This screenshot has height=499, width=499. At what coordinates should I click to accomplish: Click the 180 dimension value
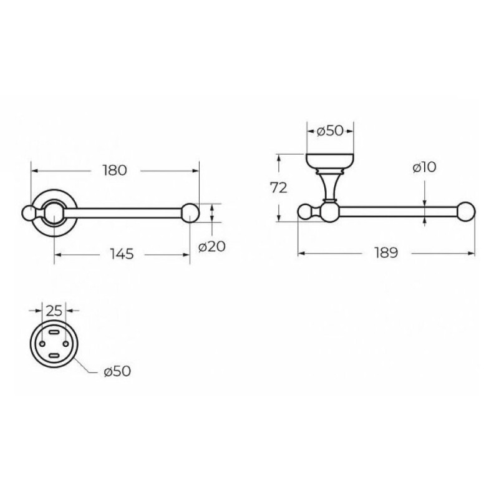pyautogui.click(x=115, y=170)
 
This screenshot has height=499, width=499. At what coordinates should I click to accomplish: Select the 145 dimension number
pyautogui.click(x=122, y=254)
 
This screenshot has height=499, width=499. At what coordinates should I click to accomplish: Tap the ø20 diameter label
pyautogui.click(x=212, y=246)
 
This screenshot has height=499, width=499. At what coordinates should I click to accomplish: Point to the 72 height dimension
pyautogui.click(x=279, y=188)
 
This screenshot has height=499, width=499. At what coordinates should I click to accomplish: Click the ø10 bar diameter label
pyautogui.click(x=425, y=167)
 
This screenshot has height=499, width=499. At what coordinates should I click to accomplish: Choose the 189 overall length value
pyautogui.click(x=386, y=253)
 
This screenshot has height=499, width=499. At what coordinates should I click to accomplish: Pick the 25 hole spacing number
pyautogui.click(x=54, y=311)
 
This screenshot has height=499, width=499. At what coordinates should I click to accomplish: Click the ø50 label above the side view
pyautogui.click(x=331, y=131)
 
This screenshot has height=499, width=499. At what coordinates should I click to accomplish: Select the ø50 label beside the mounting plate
pyautogui.click(x=117, y=371)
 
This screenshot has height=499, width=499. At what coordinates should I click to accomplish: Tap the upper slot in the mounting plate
pyautogui.click(x=54, y=332)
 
